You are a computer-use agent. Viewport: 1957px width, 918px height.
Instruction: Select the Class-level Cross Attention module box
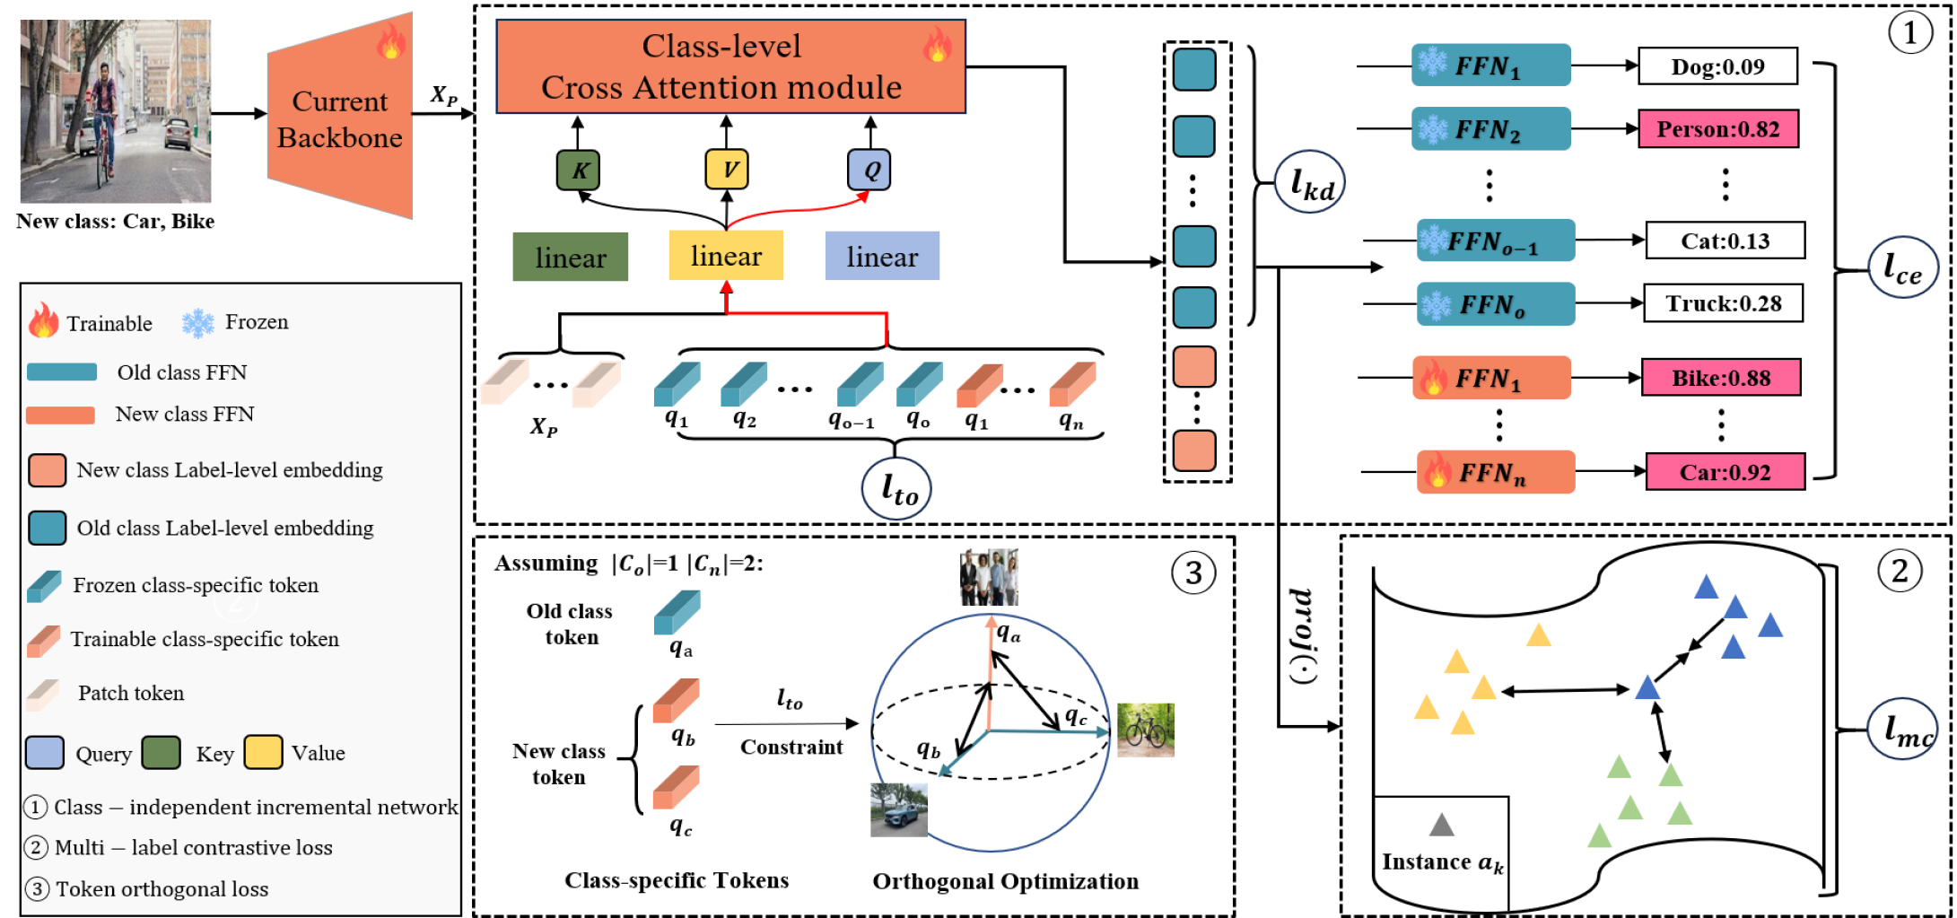tap(730, 67)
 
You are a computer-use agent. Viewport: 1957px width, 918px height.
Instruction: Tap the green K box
tap(578, 170)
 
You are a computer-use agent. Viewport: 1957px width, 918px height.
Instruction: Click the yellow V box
tap(727, 169)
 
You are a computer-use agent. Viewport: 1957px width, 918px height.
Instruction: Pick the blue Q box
tap(869, 170)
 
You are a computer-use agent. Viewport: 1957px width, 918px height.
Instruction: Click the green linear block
tap(571, 258)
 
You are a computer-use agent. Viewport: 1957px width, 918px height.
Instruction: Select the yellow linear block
tap(726, 256)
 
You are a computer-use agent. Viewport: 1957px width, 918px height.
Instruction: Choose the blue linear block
tap(882, 257)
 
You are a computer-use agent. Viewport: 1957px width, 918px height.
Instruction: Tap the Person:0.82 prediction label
tap(1717, 129)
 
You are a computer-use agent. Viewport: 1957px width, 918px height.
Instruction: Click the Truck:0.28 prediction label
tap(1723, 303)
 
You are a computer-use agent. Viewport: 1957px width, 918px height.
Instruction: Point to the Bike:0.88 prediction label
tap(1720, 378)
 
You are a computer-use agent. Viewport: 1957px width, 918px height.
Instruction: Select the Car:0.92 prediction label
tap(1725, 472)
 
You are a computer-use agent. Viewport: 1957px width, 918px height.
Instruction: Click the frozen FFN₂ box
tap(1490, 129)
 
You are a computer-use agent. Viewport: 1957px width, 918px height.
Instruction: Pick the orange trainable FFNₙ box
tap(1495, 472)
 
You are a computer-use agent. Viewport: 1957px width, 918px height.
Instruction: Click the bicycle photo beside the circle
tap(1146, 730)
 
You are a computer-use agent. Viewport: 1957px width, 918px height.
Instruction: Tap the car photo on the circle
tap(899, 809)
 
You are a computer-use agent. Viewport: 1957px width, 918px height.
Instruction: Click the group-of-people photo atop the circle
tap(989, 577)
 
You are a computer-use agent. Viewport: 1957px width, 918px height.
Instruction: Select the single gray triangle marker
tap(1441, 825)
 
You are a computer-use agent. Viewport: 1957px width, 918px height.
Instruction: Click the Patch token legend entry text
tap(131, 693)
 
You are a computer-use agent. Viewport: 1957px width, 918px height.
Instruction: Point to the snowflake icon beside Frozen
tap(197, 323)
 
